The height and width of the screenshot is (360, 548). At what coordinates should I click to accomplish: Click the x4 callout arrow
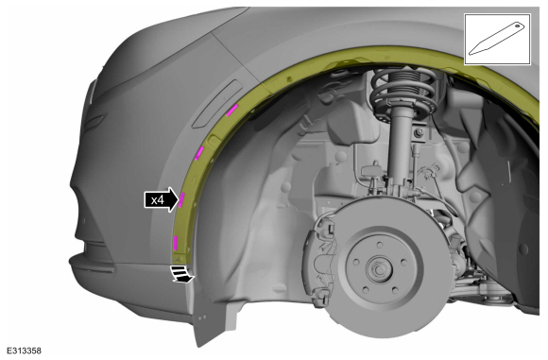click(x=162, y=200)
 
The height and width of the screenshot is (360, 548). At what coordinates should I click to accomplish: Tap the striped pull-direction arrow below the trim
click(x=181, y=274)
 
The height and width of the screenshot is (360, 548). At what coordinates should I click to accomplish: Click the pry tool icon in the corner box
click(x=497, y=39)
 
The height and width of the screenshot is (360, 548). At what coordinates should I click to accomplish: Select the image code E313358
click(x=25, y=351)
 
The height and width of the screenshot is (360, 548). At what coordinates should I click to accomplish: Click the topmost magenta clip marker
click(x=231, y=111)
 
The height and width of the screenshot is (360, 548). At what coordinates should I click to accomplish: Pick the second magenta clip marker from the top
click(x=199, y=153)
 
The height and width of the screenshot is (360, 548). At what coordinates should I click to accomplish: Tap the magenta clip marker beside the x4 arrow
click(x=181, y=200)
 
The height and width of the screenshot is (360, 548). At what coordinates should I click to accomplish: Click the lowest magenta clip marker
click(x=175, y=243)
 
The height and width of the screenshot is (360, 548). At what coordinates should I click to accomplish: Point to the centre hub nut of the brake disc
click(x=380, y=268)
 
